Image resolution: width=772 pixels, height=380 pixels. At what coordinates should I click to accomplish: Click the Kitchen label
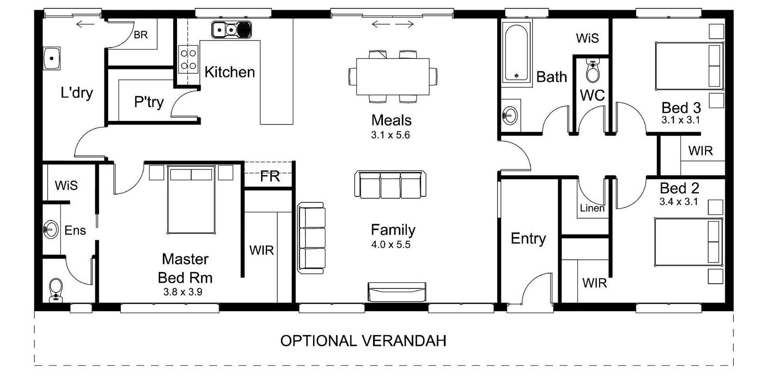pos(229,72)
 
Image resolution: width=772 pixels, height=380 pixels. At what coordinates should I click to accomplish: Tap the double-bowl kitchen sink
pos(231,30)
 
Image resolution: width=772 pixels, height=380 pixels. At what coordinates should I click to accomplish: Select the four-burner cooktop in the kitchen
pos(188,59)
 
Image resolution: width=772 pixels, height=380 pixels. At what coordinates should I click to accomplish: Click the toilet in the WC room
pos(593,71)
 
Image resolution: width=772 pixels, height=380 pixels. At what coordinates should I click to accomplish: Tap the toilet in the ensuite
pos(56,290)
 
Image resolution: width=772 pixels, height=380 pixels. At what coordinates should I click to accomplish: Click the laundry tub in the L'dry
pos(51,59)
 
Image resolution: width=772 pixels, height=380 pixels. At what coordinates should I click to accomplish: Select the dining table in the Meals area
pos(392,76)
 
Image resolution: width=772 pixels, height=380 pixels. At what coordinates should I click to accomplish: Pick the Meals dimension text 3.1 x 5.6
pos(390,135)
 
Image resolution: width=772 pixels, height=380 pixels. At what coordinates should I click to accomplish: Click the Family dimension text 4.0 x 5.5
pos(391,245)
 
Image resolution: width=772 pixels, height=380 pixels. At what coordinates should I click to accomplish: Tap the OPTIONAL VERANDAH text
pos(363,341)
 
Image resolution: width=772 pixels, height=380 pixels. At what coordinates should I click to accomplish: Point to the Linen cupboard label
pos(592,208)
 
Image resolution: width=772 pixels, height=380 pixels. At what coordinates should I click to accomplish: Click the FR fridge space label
pos(270,177)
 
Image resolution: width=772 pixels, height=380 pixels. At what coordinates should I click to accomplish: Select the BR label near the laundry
pos(141,35)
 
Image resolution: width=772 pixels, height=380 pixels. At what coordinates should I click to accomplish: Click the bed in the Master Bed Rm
pos(191,200)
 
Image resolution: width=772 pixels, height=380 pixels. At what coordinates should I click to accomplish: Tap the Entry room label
pos(528,239)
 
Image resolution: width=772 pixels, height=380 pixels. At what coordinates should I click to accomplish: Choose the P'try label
pos(149,102)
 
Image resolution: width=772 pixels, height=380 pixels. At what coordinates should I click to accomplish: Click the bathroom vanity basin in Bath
pos(510,115)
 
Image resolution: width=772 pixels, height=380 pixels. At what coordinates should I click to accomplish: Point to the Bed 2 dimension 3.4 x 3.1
pos(679,202)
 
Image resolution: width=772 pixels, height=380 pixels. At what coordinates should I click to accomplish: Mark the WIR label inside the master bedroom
pos(262,251)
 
